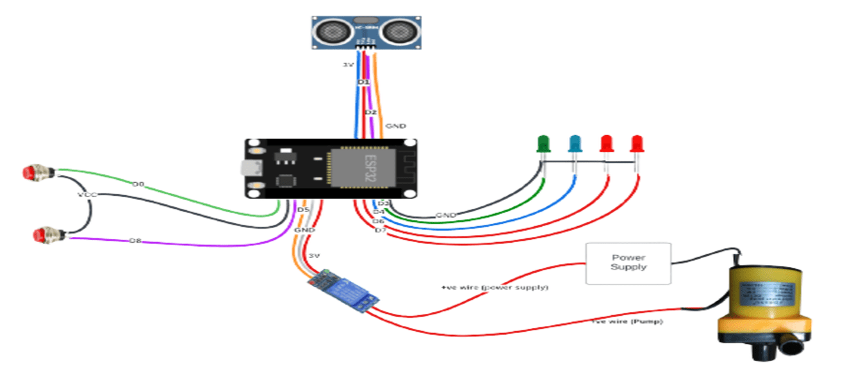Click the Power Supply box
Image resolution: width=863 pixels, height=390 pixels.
[628, 263]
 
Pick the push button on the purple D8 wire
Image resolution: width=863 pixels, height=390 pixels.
[47, 234]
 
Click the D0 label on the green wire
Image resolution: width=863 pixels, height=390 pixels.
[138, 184]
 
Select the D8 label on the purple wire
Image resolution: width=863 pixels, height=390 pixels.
[135, 241]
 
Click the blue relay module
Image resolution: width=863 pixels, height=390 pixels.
[344, 291]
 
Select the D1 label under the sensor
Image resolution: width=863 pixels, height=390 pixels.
[363, 83]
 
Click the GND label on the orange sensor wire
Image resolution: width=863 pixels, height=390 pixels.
[395, 126]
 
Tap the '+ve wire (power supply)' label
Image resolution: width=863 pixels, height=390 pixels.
[495, 288]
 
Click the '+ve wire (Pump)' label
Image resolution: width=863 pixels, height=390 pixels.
[627, 321]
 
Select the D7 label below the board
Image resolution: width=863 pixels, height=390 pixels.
[381, 229]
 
